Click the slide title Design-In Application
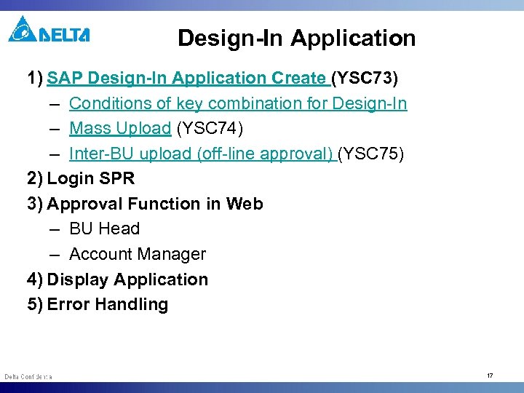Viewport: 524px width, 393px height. (296, 38)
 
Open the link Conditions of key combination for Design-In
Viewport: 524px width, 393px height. (238, 103)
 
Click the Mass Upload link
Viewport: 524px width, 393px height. (119, 129)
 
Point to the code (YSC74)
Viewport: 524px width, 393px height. (210, 129)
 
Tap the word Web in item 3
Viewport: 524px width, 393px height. (244, 204)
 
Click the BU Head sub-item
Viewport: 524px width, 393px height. (104, 229)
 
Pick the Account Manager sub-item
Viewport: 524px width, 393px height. (137, 254)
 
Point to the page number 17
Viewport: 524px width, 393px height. (490, 376)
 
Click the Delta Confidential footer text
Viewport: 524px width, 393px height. (28, 376)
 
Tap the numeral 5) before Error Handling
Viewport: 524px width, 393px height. (35, 304)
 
